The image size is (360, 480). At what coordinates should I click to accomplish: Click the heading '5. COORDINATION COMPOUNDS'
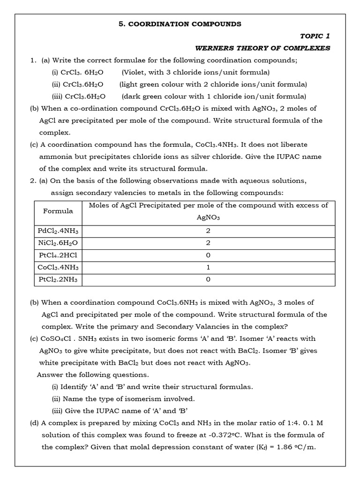[x=180, y=24]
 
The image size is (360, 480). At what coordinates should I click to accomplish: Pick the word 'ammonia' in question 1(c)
[x=56, y=157]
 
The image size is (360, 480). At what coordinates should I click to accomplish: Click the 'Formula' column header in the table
[x=58, y=211]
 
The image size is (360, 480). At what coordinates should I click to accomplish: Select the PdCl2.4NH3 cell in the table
[x=58, y=231]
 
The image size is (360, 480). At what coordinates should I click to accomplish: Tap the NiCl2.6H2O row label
[x=58, y=243]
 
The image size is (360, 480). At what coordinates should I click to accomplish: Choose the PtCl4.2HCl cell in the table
[x=58, y=255]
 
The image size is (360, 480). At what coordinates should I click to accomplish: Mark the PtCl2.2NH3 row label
[x=58, y=279]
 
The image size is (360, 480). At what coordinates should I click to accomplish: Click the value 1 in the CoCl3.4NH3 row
[x=208, y=267]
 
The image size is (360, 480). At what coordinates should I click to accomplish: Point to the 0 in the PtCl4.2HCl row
[x=208, y=255]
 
